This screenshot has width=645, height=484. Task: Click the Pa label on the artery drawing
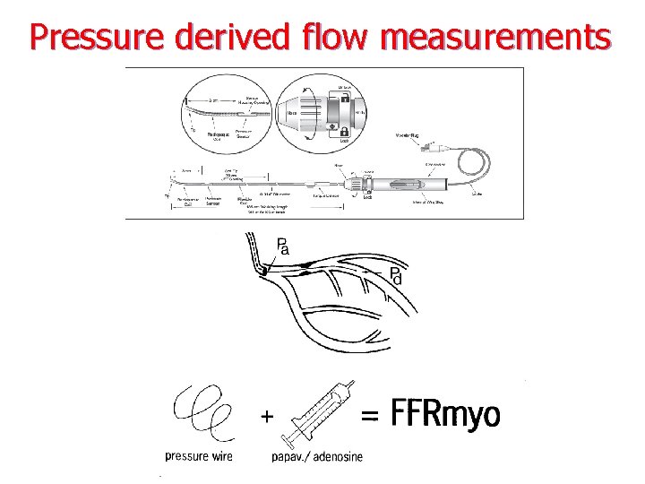click(282, 246)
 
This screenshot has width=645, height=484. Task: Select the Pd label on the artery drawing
click(395, 277)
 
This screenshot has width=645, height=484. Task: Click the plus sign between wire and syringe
click(265, 416)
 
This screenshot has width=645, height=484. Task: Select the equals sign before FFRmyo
click(369, 415)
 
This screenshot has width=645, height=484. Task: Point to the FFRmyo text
click(446, 415)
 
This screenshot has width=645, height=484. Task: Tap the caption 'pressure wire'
click(199, 456)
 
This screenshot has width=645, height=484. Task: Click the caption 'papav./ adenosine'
click(317, 457)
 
